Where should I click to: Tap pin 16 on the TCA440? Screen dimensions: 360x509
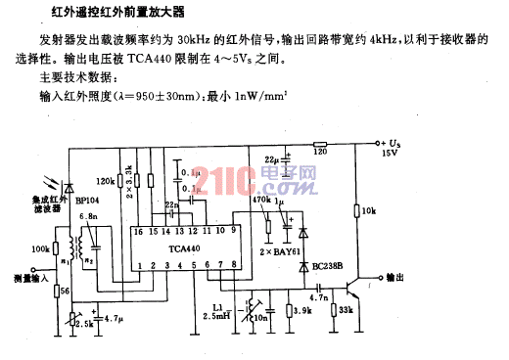click(138, 232)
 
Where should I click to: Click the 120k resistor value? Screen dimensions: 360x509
click(107, 182)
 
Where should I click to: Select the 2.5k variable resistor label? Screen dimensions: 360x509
click(86, 321)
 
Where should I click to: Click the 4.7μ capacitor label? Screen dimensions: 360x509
click(114, 319)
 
